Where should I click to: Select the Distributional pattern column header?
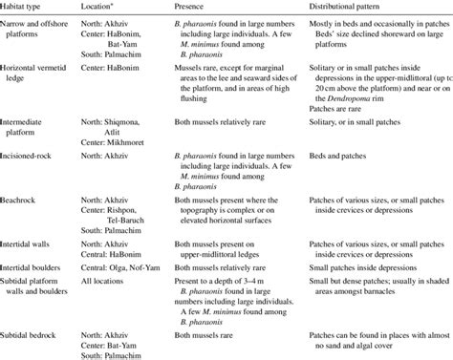[x=345, y=7]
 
